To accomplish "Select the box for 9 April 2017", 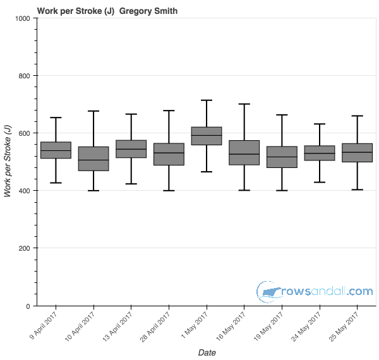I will click(x=56, y=150).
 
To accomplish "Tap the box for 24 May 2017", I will click(x=320, y=153).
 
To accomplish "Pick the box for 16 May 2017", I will click(x=244, y=152).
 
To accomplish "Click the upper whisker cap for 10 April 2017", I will click(x=93, y=111).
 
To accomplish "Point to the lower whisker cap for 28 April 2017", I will click(x=169, y=190).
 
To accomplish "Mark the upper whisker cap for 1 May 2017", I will click(x=207, y=100).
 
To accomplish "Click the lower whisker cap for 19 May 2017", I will click(x=282, y=190).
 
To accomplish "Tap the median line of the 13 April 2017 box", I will click(x=131, y=149).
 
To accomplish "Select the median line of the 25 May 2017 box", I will click(x=358, y=152).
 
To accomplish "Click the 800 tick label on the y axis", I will click(x=25, y=76).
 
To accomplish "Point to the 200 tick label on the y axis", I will click(x=25, y=248).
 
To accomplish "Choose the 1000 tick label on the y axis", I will click(x=23, y=18).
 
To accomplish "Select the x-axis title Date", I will click(x=207, y=352).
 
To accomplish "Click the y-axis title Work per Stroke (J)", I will click(x=8, y=162).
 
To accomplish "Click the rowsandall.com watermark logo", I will click(x=315, y=291).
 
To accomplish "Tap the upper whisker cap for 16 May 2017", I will click(x=244, y=104).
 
